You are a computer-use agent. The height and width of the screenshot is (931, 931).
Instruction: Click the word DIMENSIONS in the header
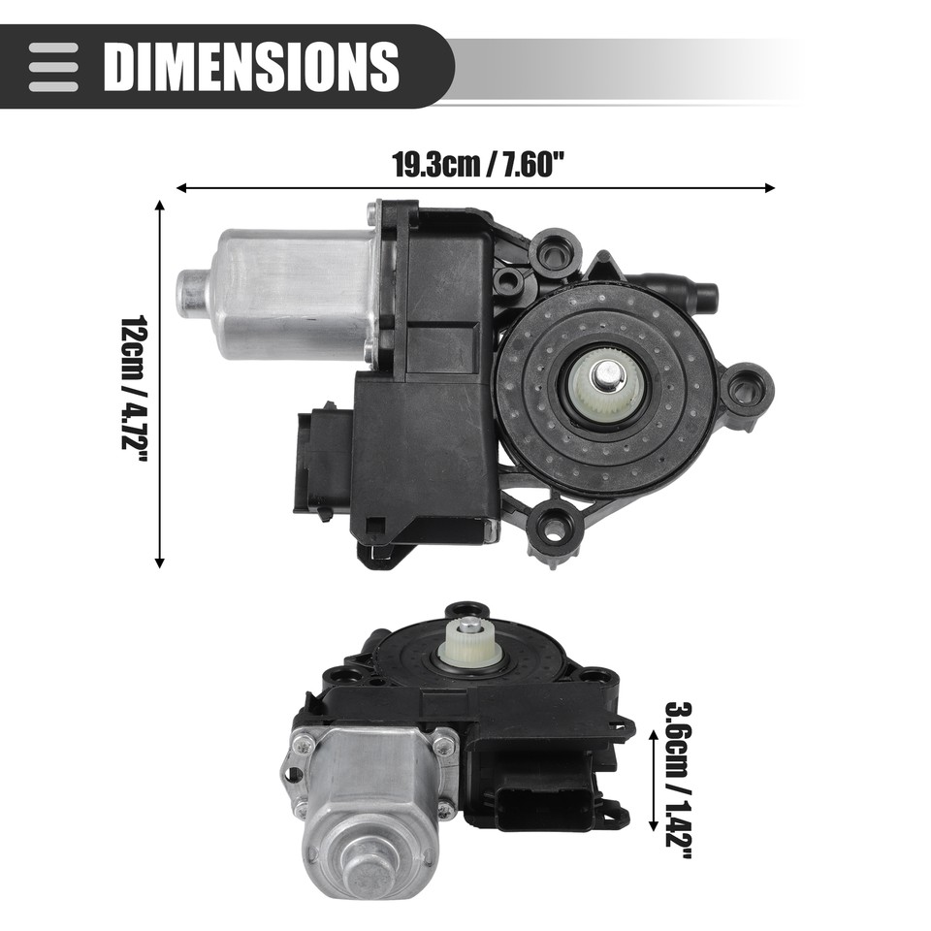point(251,66)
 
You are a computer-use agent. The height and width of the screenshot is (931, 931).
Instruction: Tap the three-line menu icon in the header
point(53,66)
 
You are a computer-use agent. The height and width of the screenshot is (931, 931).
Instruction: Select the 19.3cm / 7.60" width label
point(477,164)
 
